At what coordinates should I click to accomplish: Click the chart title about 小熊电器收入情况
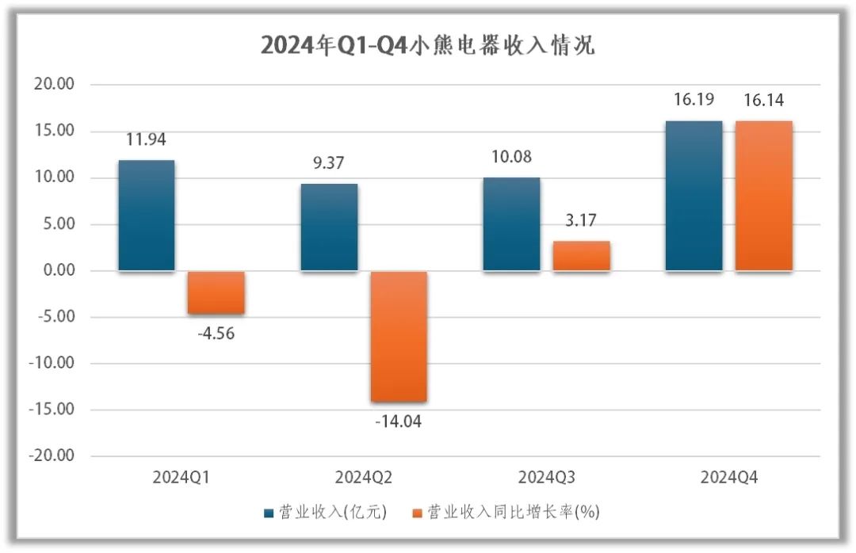(x=428, y=46)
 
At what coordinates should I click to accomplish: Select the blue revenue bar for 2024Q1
(x=147, y=215)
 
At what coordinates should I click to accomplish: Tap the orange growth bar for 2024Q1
(x=216, y=292)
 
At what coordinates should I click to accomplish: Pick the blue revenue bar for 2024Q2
(x=329, y=227)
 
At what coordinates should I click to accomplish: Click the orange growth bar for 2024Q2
(x=399, y=336)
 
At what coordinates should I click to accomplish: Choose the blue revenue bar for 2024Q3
(x=511, y=224)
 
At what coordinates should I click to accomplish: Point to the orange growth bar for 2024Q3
(x=581, y=256)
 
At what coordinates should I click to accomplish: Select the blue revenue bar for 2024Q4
(x=694, y=196)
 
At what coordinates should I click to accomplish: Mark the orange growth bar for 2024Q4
(x=763, y=196)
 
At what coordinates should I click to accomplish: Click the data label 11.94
(x=146, y=140)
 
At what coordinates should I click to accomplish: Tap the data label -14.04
(x=398, y=421)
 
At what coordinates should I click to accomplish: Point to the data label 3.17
(x=581, y=221)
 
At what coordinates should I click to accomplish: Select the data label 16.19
(x=694, y=100)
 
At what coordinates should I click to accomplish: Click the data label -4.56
(x=216, y=334)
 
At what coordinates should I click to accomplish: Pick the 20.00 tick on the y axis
(x=54, y=84)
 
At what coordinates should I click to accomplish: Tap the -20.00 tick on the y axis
(x=52, y=456)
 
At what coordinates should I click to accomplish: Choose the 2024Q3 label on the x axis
(x=546, y=478)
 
